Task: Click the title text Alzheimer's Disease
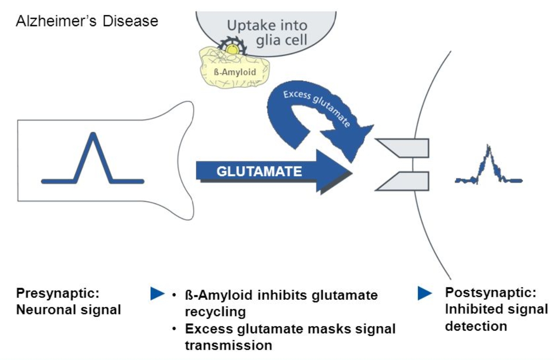click(x=87, y=21)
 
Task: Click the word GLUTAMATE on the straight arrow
click(x=259, y=171)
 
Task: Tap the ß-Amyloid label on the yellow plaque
click(x=235, y=72)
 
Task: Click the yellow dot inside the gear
click(x=232, y=50)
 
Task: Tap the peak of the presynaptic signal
click(x=93, y=135)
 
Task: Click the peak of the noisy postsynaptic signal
click(x=488, y=148)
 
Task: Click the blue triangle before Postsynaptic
click(x=424, y=293)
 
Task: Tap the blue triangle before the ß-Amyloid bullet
click(x=157, y=294)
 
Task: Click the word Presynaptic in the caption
click(x=57, y=293)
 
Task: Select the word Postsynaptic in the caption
click(x=491, y=292)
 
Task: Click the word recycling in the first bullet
click(x=215, y=312)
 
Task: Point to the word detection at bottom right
click(x=476, y=326)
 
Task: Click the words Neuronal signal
click(x=68, y=310)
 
